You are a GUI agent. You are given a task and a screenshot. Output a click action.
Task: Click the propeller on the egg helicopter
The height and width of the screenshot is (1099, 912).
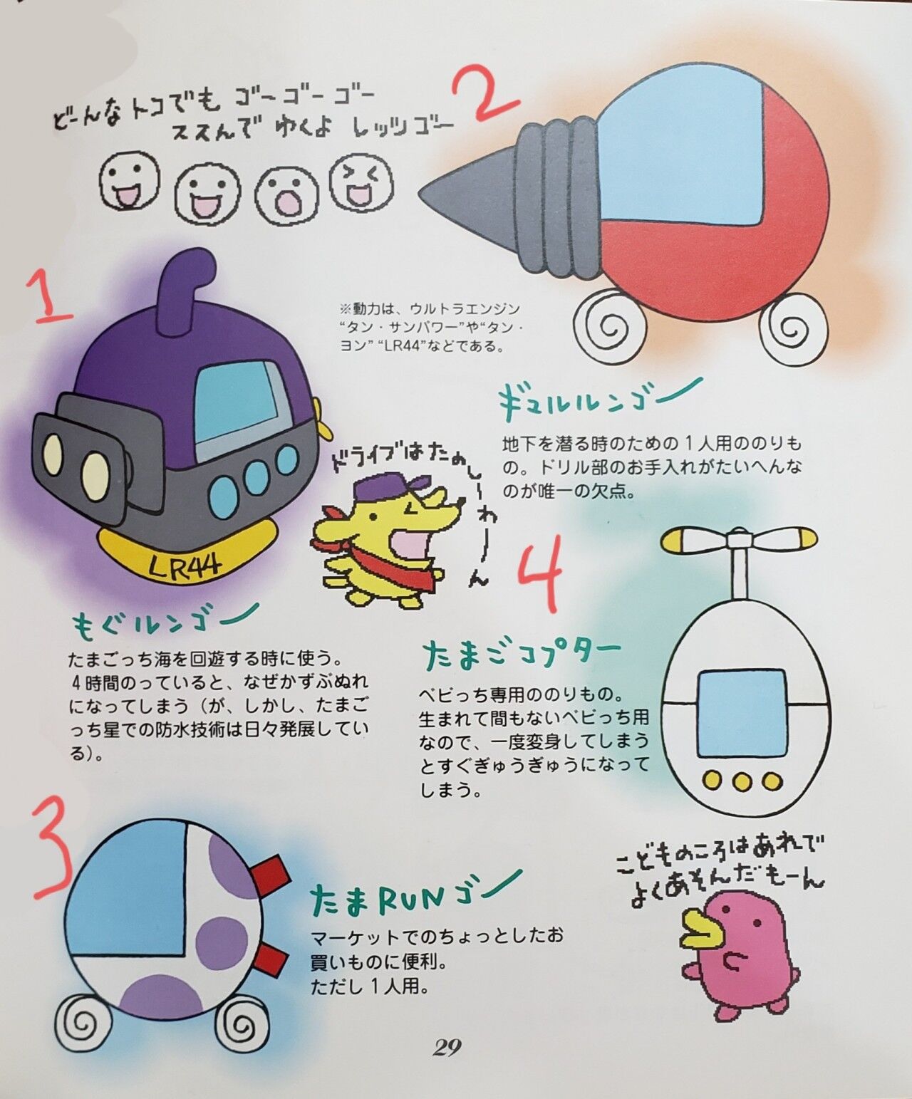[x=740, y=540]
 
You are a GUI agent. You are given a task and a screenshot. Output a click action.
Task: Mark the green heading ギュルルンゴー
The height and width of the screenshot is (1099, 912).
[x=600, y=398]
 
